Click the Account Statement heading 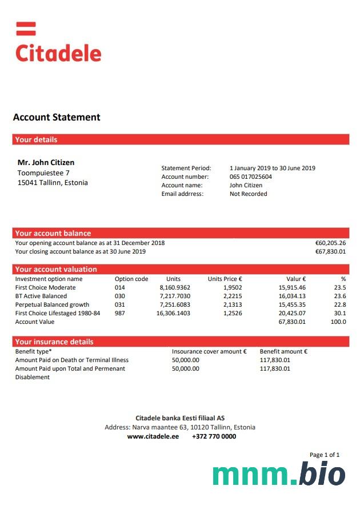[x=57, y=118]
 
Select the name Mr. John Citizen [x=46, y=163]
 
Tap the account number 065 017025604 [x=251, y=177]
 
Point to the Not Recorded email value [x=249, y=194]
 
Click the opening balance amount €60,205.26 [x=330, y=243]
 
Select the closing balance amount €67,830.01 [x=330, y=251]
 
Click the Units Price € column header [x=225, y=279]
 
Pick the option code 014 [x=119, y=288]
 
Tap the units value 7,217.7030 [x=175, y=296]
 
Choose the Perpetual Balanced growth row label [x=52, y=305]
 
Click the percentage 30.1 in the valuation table [x=339, y=314]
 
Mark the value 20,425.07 [x=292, y=314]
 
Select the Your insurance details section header [x=54, y=342]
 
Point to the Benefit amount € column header [x=283, y=352]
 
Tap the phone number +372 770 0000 [x=214, y=436]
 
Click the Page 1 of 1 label [x=325, y=455]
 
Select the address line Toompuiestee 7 [x=43, y=172]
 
